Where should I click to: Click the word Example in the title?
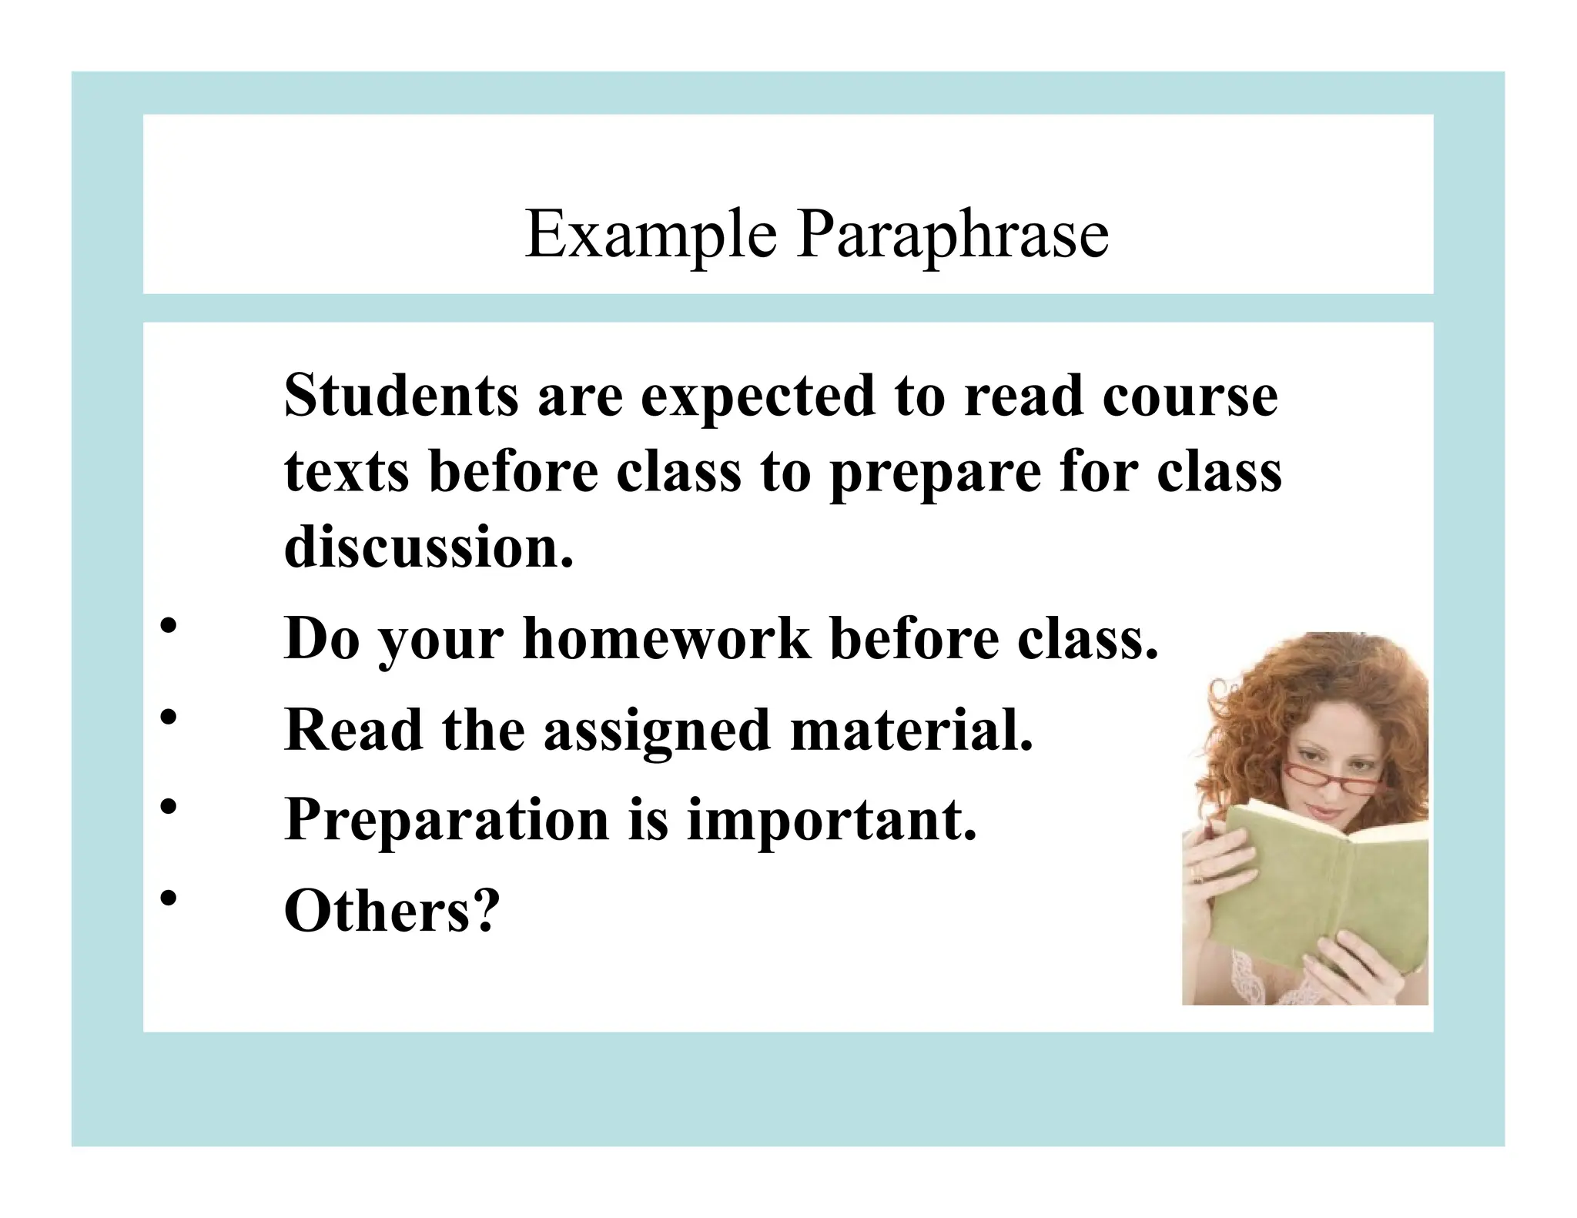point(651,234)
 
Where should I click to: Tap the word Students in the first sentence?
point(401,396)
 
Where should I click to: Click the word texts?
point(347,471)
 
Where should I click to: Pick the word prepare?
point(935,473)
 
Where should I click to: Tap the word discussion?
point(428,547)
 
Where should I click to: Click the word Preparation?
point(447,821)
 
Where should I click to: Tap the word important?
point(831,821)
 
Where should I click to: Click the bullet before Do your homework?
point(169,627)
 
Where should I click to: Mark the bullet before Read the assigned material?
point(169,718)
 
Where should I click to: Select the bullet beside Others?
point(169,898)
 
